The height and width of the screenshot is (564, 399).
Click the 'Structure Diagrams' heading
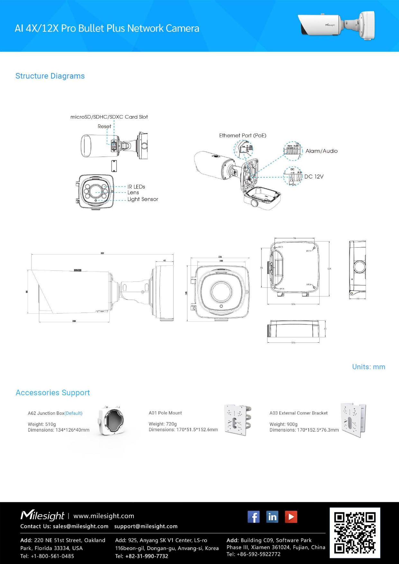(x=50, y=76)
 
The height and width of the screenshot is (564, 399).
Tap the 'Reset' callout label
(x=104, y=126)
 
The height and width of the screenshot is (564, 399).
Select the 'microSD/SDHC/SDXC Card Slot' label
(x=109, y=117)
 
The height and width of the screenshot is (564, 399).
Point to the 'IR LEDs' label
(x=136, y=186)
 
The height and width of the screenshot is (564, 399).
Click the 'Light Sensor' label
(x=142, y=199)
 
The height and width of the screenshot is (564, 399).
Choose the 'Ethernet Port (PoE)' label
(x=242, y=135)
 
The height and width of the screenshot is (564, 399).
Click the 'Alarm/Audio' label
(x=321, y=151)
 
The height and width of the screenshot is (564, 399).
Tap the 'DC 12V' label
(x=314, y=177)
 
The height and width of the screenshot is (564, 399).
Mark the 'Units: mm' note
(x=368, y=367)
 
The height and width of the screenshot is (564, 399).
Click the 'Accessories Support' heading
(x=53, y=393)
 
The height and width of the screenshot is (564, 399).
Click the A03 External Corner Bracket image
(x=353, y=420)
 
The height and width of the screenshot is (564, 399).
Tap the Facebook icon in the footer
(x=253, y=517)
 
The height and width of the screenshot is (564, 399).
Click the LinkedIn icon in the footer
(x=272, y=517)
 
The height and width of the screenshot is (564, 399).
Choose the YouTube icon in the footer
(x=291, y=517)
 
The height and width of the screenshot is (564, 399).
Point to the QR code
(x=355, y=533)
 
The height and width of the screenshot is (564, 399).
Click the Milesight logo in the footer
(x=42, y=515)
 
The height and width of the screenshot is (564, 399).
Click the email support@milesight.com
(x=146, y=526)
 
